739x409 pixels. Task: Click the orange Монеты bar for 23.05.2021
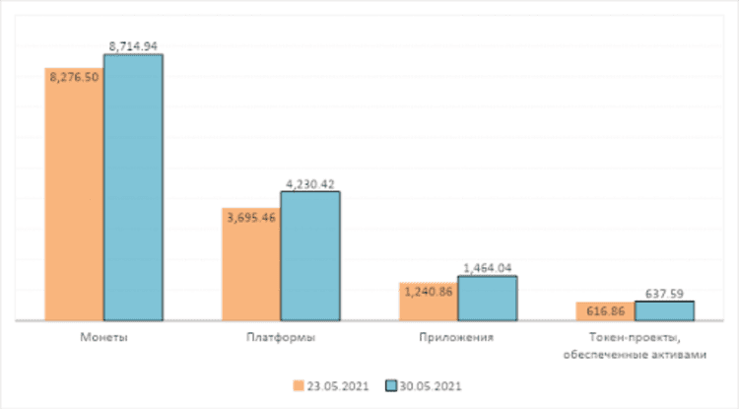(x=74, y=197)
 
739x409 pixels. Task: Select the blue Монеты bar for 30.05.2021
(x=133, y=187)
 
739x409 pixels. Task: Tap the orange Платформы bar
(x=251, y=266)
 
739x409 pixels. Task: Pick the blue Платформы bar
(x=310, y=256)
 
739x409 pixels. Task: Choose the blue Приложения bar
(x=488, y=299)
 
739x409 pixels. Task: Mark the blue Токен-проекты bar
(x=664, y=311)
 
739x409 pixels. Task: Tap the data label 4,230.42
(x=310, y=182)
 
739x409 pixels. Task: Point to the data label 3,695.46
(x=250, y=216)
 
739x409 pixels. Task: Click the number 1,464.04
(x=488, y=267)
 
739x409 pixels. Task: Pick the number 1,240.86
(x=428, y=291)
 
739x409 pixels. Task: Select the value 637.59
(x=664, y=292)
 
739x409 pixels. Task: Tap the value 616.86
(x=605, y=308)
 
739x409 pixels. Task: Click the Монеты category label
(x=103, y=337)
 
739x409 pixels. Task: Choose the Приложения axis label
(x=458, y=337)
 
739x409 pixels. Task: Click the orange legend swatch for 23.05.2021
(x=298, y=385)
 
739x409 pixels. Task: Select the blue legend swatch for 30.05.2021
(x=390, y=385)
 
